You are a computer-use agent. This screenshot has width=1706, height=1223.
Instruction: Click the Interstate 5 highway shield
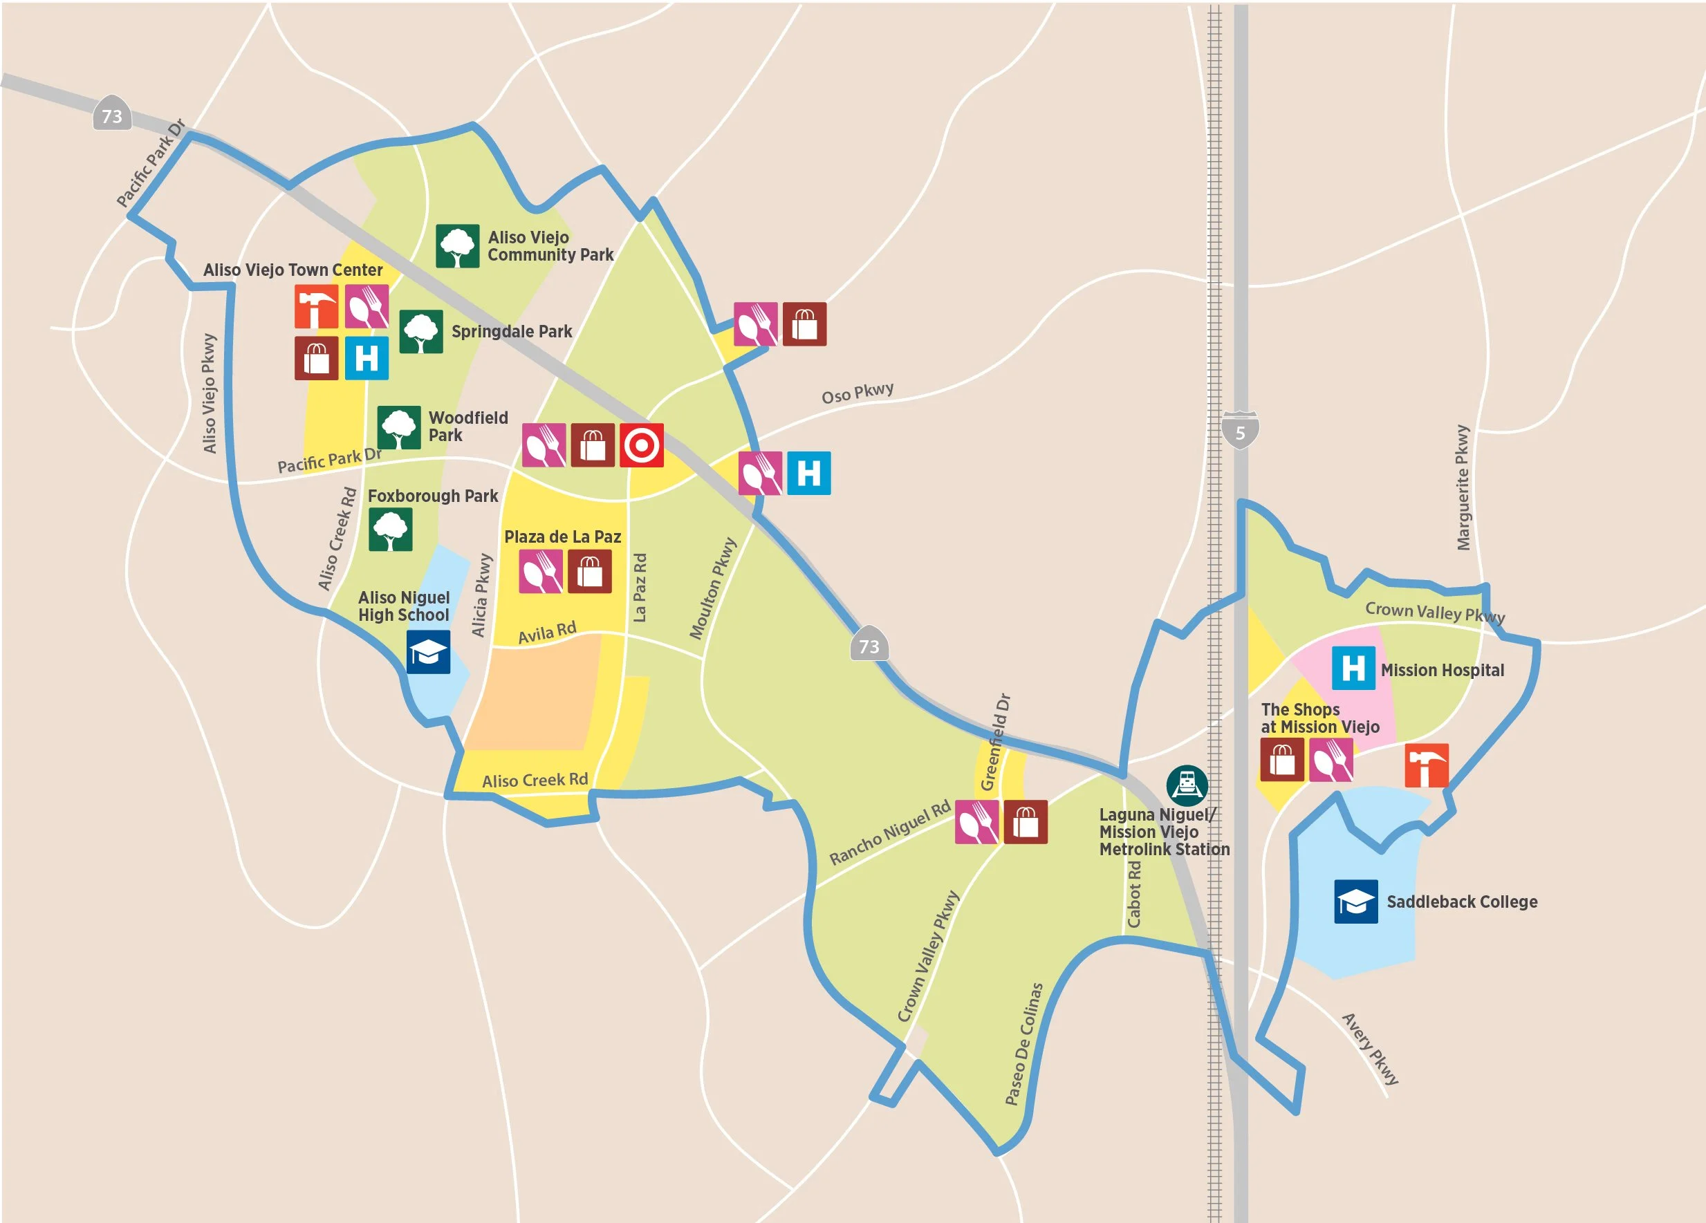click(1240, 430)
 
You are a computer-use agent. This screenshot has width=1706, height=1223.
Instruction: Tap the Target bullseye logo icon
click(641, 445)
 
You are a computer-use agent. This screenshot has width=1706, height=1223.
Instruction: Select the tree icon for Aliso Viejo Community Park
click(457, 246)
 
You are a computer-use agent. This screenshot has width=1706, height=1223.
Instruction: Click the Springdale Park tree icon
click(420, 332)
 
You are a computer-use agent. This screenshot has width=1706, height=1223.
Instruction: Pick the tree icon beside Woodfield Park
click(399, 428)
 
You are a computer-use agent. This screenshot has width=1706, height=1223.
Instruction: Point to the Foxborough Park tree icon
click(391, 530)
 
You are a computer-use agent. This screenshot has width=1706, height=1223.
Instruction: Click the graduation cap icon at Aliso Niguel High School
click(428, 651)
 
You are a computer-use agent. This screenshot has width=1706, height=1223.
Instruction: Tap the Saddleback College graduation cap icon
click(1355, 901)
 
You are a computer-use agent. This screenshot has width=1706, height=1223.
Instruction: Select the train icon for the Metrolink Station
click(1187, 785)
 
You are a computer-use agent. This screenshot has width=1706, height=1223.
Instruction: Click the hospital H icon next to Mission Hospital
click(1353, 668)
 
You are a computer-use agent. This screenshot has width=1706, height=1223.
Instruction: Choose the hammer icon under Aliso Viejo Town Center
click(316, 307)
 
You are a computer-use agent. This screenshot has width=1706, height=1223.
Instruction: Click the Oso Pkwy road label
click(857, 393)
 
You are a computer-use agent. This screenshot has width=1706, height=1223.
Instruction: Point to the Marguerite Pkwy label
click(1463, 487)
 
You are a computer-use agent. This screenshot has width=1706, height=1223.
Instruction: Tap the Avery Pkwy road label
click(1371, 1049)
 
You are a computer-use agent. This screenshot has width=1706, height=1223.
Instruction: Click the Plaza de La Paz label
click(563, 537)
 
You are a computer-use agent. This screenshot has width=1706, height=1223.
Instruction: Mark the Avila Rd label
click(547, 633)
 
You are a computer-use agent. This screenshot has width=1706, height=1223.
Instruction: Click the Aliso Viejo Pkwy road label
click(209, 394)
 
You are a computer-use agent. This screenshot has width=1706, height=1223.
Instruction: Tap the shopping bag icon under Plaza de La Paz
click(589, 572)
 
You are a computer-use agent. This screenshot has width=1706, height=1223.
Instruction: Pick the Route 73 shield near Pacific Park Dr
click(112, 115)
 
